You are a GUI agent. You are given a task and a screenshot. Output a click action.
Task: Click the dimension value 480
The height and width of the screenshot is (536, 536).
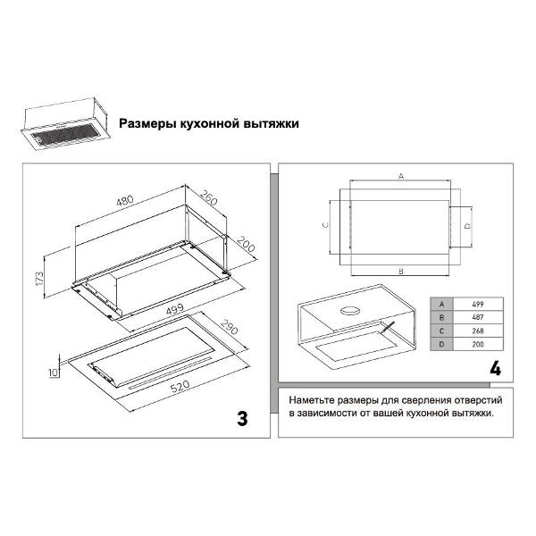(125, 201)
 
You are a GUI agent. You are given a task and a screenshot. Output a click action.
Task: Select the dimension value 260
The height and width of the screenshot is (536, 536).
(208, 198)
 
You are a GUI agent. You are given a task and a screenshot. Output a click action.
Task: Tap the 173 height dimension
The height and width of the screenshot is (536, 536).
(39, 279)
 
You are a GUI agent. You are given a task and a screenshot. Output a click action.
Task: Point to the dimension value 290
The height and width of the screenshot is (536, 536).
(229, 327)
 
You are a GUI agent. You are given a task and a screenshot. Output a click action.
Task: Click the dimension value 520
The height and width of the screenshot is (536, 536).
(180, 386)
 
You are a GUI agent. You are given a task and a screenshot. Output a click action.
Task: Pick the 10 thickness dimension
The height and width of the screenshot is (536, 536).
(54, 373)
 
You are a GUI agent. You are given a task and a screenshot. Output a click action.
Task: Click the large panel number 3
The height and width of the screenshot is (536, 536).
(242, 418)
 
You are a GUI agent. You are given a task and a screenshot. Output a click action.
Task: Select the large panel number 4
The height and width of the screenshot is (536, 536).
(495, 368)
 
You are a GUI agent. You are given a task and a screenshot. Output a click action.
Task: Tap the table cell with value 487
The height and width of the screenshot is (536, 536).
(478, 317)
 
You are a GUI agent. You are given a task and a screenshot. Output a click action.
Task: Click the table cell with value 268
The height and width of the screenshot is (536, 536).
(478, 331)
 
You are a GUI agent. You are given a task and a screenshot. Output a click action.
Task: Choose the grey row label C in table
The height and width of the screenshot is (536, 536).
(441, 331)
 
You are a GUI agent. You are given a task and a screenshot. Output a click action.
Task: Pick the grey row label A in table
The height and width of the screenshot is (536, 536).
(441, 305)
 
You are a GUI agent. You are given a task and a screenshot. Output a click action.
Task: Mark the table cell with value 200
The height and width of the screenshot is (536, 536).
(478, 344)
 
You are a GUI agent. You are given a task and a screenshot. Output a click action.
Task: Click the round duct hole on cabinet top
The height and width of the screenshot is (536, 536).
(350, 311)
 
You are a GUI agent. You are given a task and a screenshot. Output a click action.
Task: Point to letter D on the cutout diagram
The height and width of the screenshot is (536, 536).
(467, 226)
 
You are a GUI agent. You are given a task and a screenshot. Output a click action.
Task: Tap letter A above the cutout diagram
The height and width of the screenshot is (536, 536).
(401, 176)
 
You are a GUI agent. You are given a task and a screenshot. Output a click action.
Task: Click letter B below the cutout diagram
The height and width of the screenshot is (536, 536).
(401, 272)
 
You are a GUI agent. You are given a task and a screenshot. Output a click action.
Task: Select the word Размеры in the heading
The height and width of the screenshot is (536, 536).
(144, 123)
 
